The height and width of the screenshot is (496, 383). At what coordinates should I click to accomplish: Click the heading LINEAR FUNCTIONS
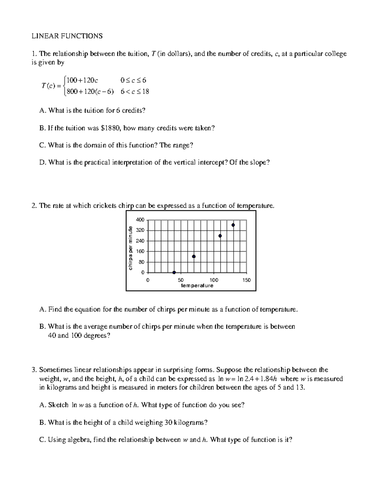(x=67, y=36)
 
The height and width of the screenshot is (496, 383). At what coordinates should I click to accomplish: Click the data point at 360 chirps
(x=233, y=225)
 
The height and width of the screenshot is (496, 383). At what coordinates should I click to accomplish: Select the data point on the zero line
(x=174, y=272)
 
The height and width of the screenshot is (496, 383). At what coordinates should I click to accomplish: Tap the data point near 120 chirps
(x=194, y=256)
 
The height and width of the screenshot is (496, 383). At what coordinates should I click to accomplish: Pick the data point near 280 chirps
(x=220, y=236)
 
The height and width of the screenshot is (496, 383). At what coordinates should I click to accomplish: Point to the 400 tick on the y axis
(x=140, y=220)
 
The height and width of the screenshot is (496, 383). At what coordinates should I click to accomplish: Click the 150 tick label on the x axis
(x=246, y=280)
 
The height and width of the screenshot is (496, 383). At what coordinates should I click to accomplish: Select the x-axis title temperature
(x=197, y=286)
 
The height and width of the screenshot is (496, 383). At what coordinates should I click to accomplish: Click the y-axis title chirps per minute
(x=130, y=248)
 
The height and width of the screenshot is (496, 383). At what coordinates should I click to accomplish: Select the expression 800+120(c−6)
(x=90, y=92)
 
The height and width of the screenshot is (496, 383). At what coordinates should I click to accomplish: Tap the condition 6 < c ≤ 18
(x=135, y=92)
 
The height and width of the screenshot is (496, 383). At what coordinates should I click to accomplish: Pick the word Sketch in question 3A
(x=58, y=405)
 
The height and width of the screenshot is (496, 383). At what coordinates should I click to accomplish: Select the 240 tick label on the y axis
(x=140, y=241)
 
